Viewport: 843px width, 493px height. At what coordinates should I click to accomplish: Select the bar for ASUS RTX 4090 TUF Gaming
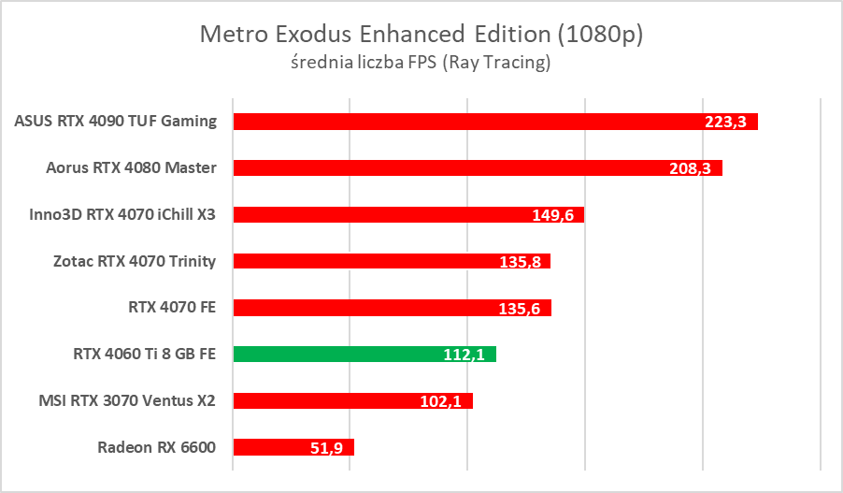[467, 122]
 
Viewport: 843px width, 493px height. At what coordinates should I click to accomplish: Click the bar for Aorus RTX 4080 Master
[449, 168]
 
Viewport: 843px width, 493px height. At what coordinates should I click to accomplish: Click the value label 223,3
[725, 122]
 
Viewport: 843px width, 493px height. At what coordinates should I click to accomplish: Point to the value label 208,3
[690, 168]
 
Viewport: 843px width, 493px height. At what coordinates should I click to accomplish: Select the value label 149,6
[551, 215]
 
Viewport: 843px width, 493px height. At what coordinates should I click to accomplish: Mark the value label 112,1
[464, 355]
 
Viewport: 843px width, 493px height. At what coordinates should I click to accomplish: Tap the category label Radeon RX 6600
[156, 447]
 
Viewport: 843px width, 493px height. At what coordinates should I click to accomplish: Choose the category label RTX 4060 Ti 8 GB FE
[144, 355]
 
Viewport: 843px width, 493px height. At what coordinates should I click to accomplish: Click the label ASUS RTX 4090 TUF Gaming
[116, 122]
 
